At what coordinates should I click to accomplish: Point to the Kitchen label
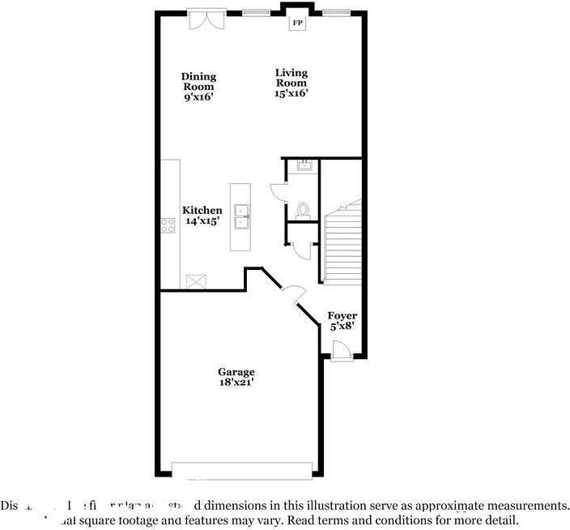coord(202,210)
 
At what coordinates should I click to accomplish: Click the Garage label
coord(236,372)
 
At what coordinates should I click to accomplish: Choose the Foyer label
coord(342,315)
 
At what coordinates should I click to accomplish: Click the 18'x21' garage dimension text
coord(236,383)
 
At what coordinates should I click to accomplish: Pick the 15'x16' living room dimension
coord(291,93)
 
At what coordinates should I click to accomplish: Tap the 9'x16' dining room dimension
coord(198,97)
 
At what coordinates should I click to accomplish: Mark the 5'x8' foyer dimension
coord(342,327)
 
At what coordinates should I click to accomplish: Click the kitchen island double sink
coord(241,216)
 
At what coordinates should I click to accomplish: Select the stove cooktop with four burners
coord(168,226)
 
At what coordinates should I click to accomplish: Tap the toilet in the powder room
coord(303,210)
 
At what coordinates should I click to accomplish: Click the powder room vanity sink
coord(304,166)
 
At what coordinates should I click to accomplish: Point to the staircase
coord(341,244)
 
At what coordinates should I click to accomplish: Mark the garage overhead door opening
coord(242,470)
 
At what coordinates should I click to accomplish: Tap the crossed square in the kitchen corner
coord(195,280)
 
